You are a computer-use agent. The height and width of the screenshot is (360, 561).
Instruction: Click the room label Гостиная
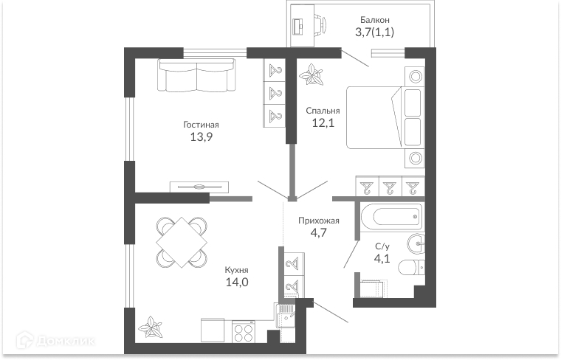click(201, 125)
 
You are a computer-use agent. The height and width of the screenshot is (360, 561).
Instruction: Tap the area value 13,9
click(201, 136)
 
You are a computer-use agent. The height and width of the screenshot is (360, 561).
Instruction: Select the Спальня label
click(323, 111)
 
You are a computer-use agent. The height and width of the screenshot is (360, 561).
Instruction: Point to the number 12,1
click(323, 123)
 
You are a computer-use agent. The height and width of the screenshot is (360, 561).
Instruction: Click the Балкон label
click(374, 20)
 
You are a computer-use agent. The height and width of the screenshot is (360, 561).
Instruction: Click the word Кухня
click(236, 270)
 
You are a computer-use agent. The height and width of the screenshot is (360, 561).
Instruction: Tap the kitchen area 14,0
click(237, 283)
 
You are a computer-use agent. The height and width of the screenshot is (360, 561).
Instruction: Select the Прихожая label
click(319, 221)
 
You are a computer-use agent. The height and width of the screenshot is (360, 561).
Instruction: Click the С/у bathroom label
click(382, 246)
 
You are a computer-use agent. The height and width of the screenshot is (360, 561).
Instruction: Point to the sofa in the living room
click(197, 75)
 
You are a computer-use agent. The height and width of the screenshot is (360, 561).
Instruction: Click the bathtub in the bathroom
click(391, 216)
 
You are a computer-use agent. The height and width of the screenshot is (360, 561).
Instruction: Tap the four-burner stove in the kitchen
click(244, 331)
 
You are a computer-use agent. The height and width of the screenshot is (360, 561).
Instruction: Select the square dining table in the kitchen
click(182, 242)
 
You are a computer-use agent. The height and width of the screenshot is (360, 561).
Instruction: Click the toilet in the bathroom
click(411, 267)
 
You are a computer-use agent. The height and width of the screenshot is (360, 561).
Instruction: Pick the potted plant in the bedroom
click(312, 75)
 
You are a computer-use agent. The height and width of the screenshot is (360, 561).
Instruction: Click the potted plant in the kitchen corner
click(151, 327)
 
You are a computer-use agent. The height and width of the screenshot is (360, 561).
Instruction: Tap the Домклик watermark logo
click(55, 340)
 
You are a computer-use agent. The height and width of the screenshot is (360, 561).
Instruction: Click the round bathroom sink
click(416, 243)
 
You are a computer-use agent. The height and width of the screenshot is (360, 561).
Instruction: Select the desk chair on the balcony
click(321, 24)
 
